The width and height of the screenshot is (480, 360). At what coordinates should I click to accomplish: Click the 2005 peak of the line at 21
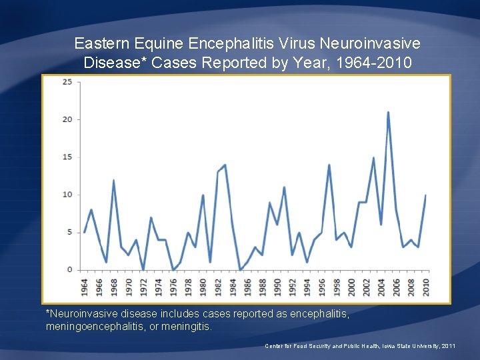click(x=388, y=113)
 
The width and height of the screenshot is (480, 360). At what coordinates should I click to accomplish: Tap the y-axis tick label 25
click(x=67, y=82)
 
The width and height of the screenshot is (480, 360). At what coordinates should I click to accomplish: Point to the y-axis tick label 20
click(x=67, y=119)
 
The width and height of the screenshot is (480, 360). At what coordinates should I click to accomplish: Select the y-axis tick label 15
click(x=67, y=157)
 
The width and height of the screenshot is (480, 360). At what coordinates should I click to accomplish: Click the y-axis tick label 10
click(x=67, y=195)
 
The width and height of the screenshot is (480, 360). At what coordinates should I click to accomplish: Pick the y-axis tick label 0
click(x=70, y=270)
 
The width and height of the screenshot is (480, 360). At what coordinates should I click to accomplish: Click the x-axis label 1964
click(x=85, y=287)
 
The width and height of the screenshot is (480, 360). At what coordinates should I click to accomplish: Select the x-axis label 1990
click(x=277, y=287)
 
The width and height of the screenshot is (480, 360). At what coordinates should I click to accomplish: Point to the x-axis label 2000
click(x=351, y=287)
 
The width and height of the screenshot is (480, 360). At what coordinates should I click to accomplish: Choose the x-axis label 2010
click(x=425, y=287)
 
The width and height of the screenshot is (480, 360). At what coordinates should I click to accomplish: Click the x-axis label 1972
click(x=144, y=287)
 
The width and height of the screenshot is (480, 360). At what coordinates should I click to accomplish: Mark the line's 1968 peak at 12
click(x=114, y=180)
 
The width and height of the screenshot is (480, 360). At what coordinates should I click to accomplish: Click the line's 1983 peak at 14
click(x=225, y=165)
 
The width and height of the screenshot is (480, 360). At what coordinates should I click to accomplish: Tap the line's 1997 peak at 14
click(x=329, y=165)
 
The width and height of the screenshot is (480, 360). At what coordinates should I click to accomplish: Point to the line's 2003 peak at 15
click(x=373, y=158)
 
